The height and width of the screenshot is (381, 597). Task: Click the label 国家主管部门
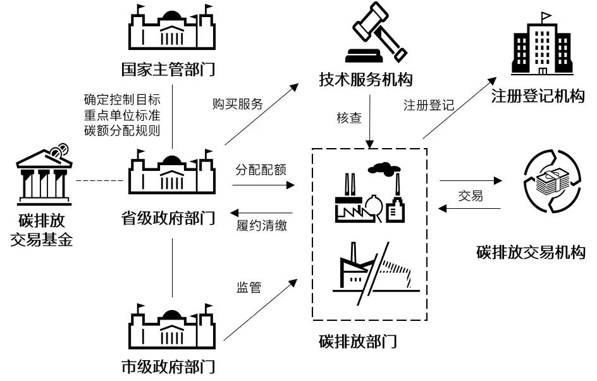pos(168,70)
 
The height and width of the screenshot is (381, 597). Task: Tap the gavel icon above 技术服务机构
pos(376,32)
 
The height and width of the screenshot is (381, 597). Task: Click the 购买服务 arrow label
pos(238,104)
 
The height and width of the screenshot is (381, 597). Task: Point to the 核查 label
pos(349,118)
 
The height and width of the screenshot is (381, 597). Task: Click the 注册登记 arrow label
pos(429,105)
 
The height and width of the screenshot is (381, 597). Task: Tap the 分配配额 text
pos(261,170)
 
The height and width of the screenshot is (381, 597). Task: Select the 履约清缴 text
pos(262,225)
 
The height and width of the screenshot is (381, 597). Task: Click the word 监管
pos(249,287)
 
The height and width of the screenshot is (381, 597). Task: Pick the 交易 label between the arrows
pos(471,196)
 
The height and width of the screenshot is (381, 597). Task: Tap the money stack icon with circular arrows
pos(553,182)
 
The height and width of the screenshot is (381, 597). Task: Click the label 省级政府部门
pos(168,218)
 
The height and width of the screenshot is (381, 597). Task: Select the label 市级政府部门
pos(168,366)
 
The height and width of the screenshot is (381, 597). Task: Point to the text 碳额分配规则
pos(122,130)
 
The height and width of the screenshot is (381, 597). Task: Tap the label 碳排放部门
pos(358,341)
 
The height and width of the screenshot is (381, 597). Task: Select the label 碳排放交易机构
pos(531,253)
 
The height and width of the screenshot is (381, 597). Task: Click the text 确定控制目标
pos(122,99)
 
